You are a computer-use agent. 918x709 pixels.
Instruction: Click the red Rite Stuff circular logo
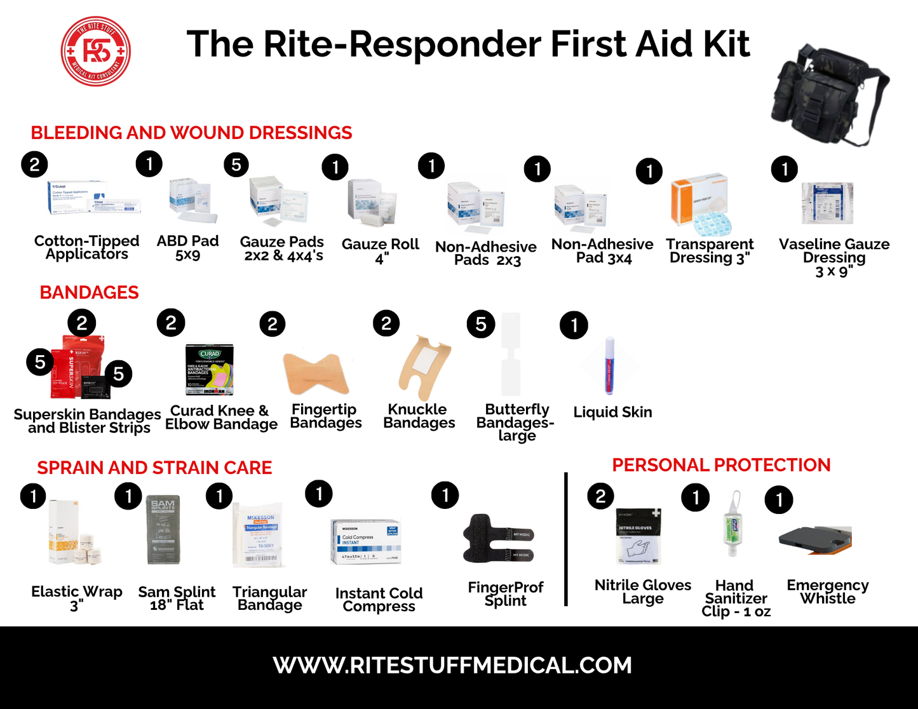[96, 51]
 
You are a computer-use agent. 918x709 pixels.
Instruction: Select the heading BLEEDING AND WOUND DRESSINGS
[191, 133]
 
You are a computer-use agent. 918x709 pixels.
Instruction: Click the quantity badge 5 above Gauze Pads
[236, 165]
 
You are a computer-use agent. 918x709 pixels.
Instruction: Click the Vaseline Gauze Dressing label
[834, 257]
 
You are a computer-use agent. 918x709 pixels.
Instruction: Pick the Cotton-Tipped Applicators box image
[94, 199]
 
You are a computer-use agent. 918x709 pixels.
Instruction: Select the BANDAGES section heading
[89, 292]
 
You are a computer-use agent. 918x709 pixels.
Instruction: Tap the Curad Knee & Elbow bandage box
[209, 370]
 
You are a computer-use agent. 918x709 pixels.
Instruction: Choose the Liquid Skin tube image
[609, 367]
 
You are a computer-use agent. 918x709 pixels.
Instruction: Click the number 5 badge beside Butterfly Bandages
[481, 325]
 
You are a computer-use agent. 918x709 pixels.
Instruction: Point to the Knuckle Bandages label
[419, 416]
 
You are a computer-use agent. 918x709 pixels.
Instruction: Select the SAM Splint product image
[163, 529]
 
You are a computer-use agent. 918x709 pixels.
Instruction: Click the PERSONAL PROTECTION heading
[721, 465]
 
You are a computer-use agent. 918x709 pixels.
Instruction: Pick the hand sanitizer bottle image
[733, 525]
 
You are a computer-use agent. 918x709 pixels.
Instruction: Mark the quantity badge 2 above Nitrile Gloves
[601, 496]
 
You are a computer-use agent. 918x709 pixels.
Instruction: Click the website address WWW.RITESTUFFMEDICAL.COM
[452, 665]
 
